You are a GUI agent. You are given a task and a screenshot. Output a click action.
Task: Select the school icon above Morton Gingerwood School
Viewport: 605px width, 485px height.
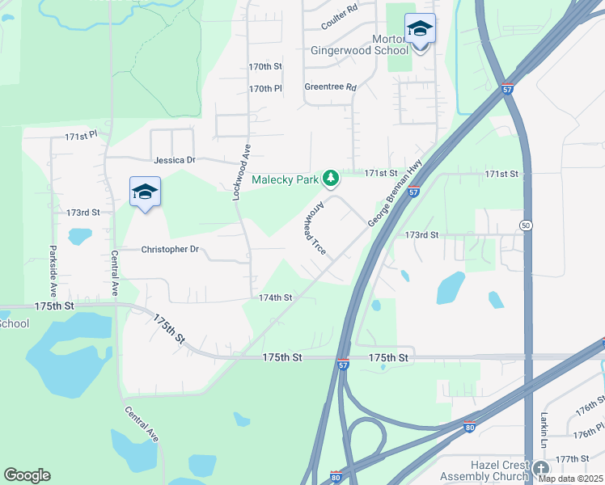pyautogui.click(x=420, y=30)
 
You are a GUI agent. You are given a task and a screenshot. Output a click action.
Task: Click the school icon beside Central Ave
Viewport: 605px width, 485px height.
pyautogui.click(x=145, y=192)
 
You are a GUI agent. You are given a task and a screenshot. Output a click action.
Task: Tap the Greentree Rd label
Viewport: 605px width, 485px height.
pyautogui.click(x=330, y=87)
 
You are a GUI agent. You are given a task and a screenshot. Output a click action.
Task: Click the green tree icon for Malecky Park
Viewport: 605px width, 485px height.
pyautogui.click(x=330, y=177)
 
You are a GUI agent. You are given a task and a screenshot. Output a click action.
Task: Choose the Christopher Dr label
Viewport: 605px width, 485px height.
pyautogui.click(x=170, y=250)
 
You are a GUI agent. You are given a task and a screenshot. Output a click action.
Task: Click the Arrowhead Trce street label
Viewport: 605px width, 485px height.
pyautogui.click(x=314, y=229)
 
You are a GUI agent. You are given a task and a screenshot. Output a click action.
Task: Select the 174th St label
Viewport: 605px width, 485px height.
pyautogui.click(x=275, y=297)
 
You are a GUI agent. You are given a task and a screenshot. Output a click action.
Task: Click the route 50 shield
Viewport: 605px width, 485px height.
pyautogui.click(x=527, y=226)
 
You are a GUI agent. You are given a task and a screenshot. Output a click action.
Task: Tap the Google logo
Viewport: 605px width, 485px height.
pyautogui.click(x=27, y=475)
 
